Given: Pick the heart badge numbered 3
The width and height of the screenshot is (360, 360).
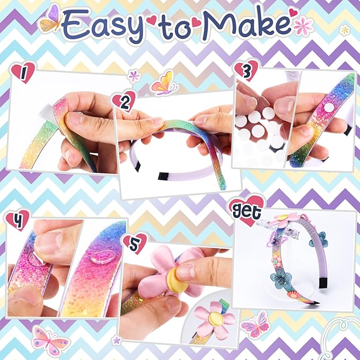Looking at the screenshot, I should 247,69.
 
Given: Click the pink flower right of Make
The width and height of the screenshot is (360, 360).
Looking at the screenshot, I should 303,25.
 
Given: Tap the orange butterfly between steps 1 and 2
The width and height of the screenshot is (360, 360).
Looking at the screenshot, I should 164,83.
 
